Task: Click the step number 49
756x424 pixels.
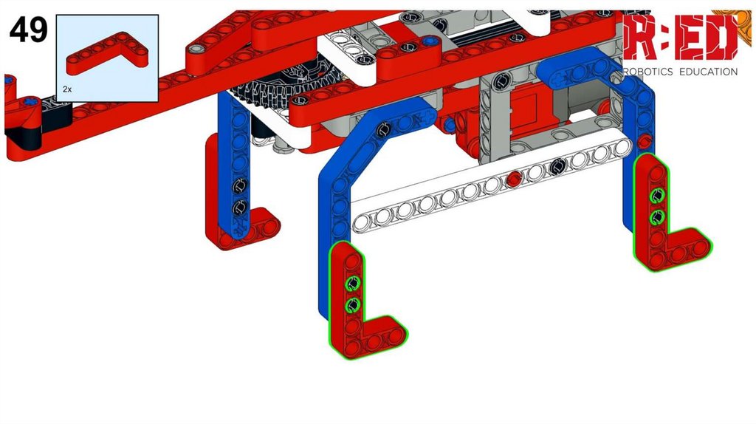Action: pyautogui.click(x=29, y=30)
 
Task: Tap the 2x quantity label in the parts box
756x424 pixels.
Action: pyautogui.click(x=67, y=89)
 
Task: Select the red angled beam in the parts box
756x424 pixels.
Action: pyautogui.click(x=107, y=53)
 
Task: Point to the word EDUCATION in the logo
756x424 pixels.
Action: pyautogui.click(x=708, y=72)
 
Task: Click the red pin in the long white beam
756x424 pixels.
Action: pyautogui.click(x=514, y=179)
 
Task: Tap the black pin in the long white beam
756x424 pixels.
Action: pyautogui.click(x=558, y=167)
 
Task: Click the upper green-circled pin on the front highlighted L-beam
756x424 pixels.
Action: pyautogui.click(x=353, y=283)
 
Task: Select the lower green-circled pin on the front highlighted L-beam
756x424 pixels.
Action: pyautogui.click(x=353, y=305)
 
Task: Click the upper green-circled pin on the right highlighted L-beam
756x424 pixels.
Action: pyautogui.click(x=656, y=195)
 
